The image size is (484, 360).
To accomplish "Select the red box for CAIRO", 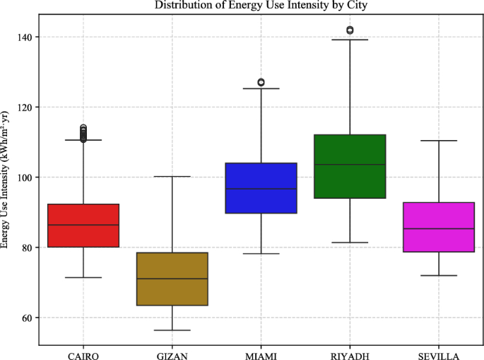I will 83,226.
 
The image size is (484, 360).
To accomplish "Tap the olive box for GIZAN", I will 172,279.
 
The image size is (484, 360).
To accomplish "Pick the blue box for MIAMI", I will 261,187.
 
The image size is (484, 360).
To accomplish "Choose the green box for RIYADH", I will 350,166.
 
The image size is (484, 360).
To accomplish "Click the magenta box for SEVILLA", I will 439,227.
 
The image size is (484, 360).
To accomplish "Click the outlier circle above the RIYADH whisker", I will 350,30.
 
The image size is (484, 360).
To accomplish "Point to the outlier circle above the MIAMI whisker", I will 261,82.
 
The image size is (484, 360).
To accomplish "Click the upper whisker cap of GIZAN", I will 172,176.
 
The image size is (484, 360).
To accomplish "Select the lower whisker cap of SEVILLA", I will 439,275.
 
